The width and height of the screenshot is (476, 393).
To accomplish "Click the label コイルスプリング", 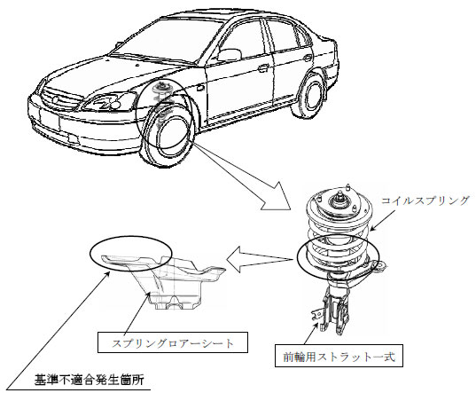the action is point(425,200).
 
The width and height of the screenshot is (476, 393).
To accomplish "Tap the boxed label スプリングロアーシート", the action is point(173,342).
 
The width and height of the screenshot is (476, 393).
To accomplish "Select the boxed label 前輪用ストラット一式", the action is point(339,356).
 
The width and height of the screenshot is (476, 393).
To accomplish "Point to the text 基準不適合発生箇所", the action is point(90,380).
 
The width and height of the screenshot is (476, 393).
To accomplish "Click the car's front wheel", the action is point(168,135).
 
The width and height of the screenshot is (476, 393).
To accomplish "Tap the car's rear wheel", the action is point(309,95).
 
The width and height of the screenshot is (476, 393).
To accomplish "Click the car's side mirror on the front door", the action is point(230,55).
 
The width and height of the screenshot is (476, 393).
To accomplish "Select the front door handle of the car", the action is point(263,68).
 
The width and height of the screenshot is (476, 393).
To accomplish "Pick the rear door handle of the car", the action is point(308,58).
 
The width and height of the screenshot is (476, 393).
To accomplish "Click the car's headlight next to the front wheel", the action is point(110,102).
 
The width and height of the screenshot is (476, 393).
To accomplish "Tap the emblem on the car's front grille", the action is point(55,99).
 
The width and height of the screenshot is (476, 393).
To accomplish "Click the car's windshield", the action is point(168,41).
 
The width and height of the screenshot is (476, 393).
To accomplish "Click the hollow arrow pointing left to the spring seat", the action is point(260,259).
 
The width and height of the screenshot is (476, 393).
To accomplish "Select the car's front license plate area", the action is point(50,119).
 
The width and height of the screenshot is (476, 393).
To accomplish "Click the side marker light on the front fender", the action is point(200,88).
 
